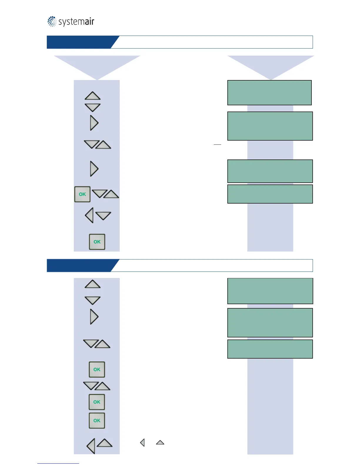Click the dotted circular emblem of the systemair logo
52,21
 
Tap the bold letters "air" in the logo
88,22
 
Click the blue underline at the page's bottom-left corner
58,463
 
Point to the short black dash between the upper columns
217,145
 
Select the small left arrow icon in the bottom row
142,442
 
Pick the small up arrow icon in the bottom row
160,442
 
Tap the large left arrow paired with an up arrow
91,446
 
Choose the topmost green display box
269,93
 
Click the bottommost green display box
270,349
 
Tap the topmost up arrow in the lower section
93,284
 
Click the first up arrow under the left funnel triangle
93,96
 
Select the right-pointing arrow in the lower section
94,317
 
